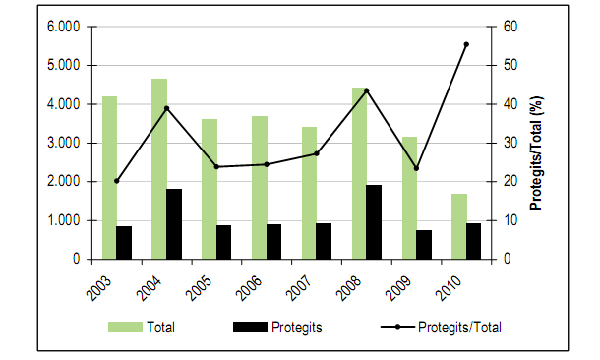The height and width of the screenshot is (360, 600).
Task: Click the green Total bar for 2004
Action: coord(158,168)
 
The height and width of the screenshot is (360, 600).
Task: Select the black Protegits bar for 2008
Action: coord(374,222)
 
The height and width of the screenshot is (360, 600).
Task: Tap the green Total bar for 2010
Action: coord(459,226)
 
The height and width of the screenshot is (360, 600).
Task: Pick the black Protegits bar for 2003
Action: coord(124,243)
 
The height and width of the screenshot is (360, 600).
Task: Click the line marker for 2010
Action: coord(466,44)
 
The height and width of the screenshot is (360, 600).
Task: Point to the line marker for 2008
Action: coord(366,90)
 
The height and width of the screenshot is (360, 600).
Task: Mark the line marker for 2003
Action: coord(116,181)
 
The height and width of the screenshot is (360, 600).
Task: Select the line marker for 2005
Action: coord(216,167)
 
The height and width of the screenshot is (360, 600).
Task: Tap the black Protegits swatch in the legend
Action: coord(254,327)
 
